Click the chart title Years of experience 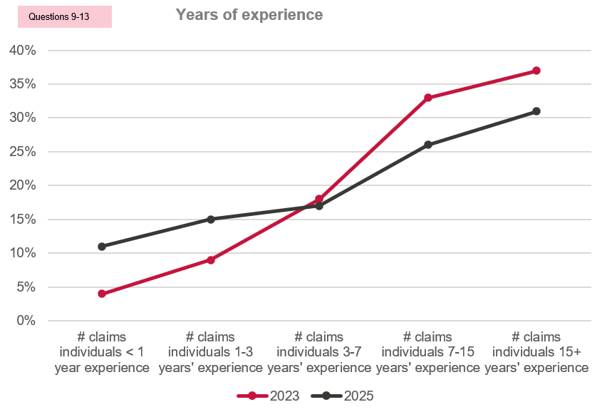tap(249, 15)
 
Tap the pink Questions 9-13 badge tap(65, 16)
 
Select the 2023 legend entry tap(269, 396)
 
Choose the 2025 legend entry tap(342, 396)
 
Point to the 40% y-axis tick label tap(23, 51)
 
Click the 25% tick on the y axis tap(23, 151)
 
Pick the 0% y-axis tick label tap(26, 321)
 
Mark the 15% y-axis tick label tap(23, 219)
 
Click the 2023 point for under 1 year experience tap(102, 294)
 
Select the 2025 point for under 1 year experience tap(102, 246)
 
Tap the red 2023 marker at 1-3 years tap(211, 259)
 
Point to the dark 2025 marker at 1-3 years tap(211, 219)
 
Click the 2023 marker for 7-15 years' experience tap(427, 98)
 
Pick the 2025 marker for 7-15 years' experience tap(427, 145)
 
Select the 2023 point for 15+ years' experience tap(536, 71)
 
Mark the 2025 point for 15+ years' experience tap(536, 111)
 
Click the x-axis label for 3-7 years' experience tap(319, 352)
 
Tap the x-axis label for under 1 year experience tap(102, 352)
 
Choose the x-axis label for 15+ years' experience tap(536, 352)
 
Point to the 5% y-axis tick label tap(26, 287)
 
